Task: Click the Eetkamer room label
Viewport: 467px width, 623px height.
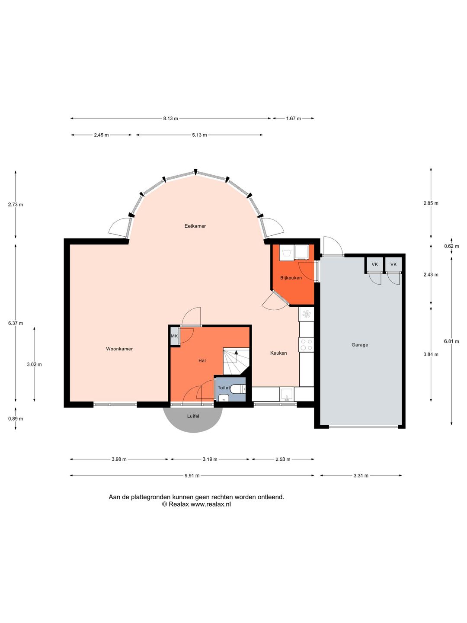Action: (195, 226)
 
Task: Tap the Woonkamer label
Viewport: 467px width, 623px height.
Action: (119, 349)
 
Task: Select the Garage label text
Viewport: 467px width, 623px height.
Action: (360, 345)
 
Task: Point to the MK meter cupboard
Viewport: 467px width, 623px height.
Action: (174, 336)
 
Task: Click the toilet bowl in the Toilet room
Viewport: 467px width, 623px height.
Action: (238, 389)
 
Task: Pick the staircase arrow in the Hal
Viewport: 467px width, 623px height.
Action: (237, 353)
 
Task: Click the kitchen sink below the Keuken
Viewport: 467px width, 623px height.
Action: (287, 394)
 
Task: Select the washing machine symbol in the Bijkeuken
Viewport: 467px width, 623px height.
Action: (287, 252)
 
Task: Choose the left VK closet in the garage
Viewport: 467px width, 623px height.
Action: (374, 264)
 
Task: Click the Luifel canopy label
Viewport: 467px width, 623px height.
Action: (193, 416)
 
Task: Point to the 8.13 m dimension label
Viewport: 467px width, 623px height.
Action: (170, 119)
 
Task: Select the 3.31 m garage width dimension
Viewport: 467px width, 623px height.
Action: (361, 476)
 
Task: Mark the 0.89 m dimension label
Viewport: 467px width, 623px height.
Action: (16, 419)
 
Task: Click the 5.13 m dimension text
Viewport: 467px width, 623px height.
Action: (199, 135)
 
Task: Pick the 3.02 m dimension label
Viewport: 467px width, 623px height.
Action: (34, 364)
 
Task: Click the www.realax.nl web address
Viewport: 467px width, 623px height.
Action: (211, 504)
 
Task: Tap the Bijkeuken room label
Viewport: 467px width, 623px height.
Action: (291, 278)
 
